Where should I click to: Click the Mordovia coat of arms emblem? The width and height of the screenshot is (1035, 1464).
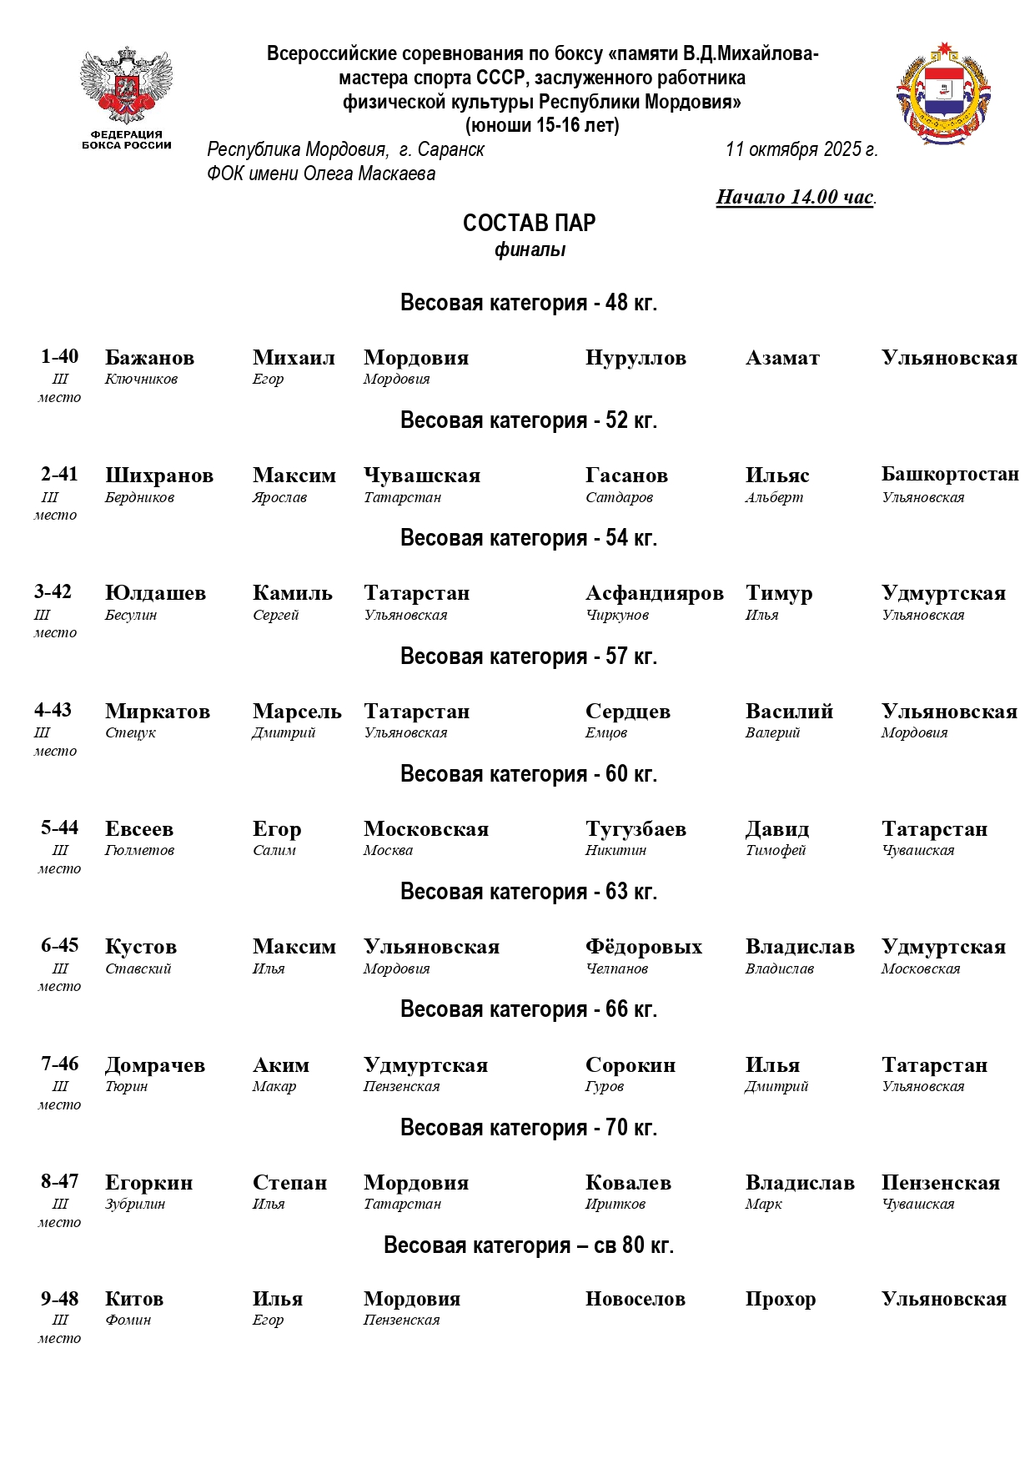tap(943, 93)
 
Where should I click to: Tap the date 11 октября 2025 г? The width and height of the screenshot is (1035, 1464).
tap(801, 149)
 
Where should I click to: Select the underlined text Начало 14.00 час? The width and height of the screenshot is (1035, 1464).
tap(796, 197)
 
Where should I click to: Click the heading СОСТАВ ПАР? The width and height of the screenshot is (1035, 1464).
tap(529, 223)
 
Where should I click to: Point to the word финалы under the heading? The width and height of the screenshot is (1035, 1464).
tap(530, 249)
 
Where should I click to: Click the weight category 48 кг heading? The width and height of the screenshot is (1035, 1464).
tap(529, 302)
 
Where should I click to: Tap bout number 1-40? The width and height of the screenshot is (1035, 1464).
tap(59, 356)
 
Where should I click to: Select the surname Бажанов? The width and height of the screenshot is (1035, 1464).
tap(149, 358)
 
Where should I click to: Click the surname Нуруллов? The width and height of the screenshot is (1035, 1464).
tap(636, 358)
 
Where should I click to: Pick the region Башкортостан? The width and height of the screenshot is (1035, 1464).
tap(950, 475)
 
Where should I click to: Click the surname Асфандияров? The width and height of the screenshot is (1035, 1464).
tap(654, 593)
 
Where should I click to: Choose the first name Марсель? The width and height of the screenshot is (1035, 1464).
tap(297, 712)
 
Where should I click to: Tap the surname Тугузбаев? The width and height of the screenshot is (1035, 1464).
tap(636, 829)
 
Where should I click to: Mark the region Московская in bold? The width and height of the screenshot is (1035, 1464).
tap(425, 829)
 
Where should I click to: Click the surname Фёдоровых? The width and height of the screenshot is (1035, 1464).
tap(643, 947)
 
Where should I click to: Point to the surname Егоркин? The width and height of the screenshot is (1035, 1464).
tap(148, 1183)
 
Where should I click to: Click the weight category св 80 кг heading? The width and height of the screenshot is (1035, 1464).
tap(529, 1245)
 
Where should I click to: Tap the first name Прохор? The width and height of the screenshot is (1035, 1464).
tap(780, 1299)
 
